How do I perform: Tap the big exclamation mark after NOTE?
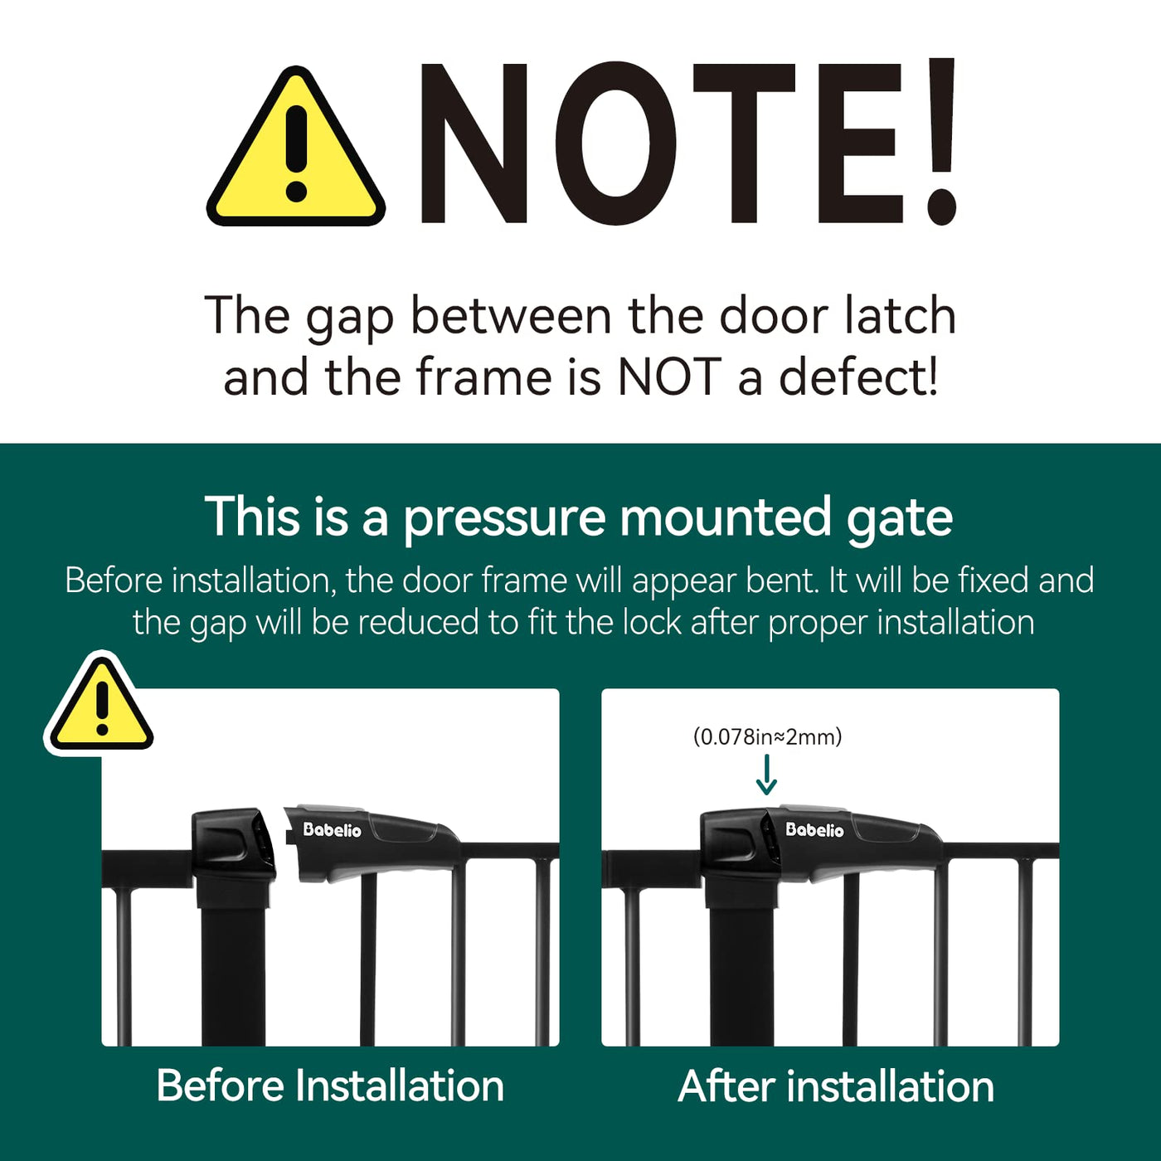pyautogui.click(x=940, y=142)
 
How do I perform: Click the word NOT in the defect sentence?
pyautogui.click(x=669, y=378)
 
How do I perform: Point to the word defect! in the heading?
pyautogui.click(x=858, y=378)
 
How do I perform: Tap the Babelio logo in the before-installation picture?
pyautogui.click(x=332, y=829)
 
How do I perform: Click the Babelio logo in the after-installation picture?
pyautogui.click(x=814, y=829)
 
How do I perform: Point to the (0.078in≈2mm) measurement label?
pyautogui.click(x=768, y=736)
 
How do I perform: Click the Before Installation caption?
pyautogui.click(x=330, y=1086)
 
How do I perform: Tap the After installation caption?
pyautogui.click(x=836, y=1086)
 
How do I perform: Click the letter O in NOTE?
pyautogui.click(x=616, y=143)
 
